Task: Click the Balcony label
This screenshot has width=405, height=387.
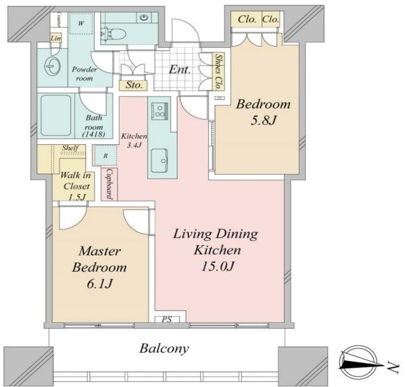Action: coord(164,349)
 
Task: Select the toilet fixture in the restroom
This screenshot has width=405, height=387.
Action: coord(113,34)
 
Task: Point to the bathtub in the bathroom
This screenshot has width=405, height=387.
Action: coord(56,115)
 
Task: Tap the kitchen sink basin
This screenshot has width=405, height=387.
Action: coord(160,160)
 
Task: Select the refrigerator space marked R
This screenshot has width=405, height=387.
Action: coord(105,156)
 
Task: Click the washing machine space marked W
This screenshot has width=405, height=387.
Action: coord(81,23)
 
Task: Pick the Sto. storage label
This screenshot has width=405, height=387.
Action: coord(134,85)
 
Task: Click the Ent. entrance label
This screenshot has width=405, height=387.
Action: coord(180,69)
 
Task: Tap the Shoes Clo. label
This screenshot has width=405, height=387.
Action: coord(219,71)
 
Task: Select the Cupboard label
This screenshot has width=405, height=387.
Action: coord(109,184)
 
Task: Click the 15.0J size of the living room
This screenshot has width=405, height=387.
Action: coord(218,266)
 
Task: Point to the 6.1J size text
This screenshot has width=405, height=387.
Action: coord(99,284)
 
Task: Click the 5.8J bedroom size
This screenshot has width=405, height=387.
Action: coord(263,120)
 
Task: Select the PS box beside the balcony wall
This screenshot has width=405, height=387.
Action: coord(167,320)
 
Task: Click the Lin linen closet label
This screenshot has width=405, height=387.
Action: coord(55,38)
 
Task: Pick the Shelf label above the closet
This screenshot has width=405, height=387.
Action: coord(70,148)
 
